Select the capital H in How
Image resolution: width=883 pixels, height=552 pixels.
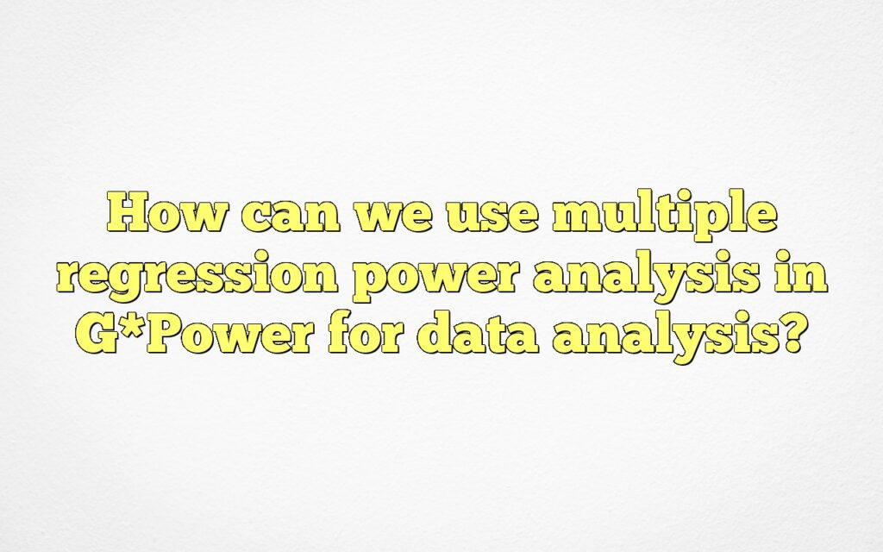[x=128, y=213]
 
